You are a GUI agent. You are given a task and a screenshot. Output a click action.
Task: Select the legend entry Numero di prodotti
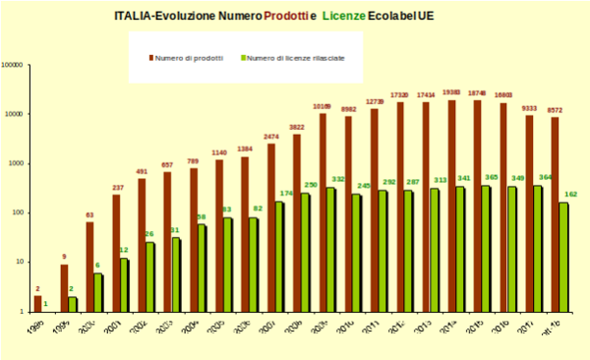click(187, 57)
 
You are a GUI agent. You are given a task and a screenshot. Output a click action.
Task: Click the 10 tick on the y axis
click(20, 262)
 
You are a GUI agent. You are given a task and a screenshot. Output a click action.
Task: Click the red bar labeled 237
click(116, 252)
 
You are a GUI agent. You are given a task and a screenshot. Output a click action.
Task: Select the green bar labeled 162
click(564, 256)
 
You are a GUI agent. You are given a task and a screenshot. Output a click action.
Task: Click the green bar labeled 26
click(150, 275)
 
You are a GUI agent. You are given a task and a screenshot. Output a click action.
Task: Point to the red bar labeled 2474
click(270, 226)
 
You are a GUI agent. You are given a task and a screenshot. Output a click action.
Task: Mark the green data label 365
click(494, 177)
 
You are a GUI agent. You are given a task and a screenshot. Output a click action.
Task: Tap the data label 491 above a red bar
click(142, 171)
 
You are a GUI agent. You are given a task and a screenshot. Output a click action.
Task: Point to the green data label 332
click(338, 179)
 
